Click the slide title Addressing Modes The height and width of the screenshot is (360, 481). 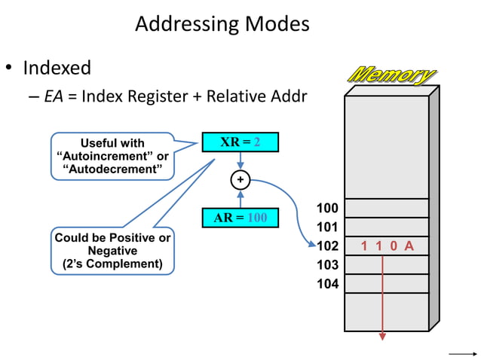pyautogui.click(x=222, y=24)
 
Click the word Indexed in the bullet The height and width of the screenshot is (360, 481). pyautogui.click(x=57, y=68)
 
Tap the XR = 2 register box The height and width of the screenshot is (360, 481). pyautogui.click(x=240, y=142)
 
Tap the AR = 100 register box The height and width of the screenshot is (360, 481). pyautogui.click(x=240, y=218)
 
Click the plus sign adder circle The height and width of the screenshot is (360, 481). pyautogui.click(x=240, y=181)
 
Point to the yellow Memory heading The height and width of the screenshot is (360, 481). pyautogui.click(x=391, y=75)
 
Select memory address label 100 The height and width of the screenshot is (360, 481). pyautogui.click(x=327, y=208)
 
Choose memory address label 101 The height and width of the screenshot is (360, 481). pyautogui.click(x=327, y=227)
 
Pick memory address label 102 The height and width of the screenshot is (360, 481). pyautogui.click(x=327, y=246)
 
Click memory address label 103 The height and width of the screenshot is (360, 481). pyautogui.click(x=327, y=265)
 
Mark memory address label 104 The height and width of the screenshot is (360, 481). pyautogui.click(x=327, y=284)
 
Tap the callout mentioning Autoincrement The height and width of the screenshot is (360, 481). pyautogui.click(x=112, y=156)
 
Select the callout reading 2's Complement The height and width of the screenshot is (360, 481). pyautogui.click(x=112, y=251)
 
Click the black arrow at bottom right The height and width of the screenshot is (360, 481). pyautogui.click(x=461, y=352)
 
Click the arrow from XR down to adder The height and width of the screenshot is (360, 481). pyautogui.click(x=240, y=160)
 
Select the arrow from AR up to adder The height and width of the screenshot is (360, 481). pyautogui.click(x=240, y=199)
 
